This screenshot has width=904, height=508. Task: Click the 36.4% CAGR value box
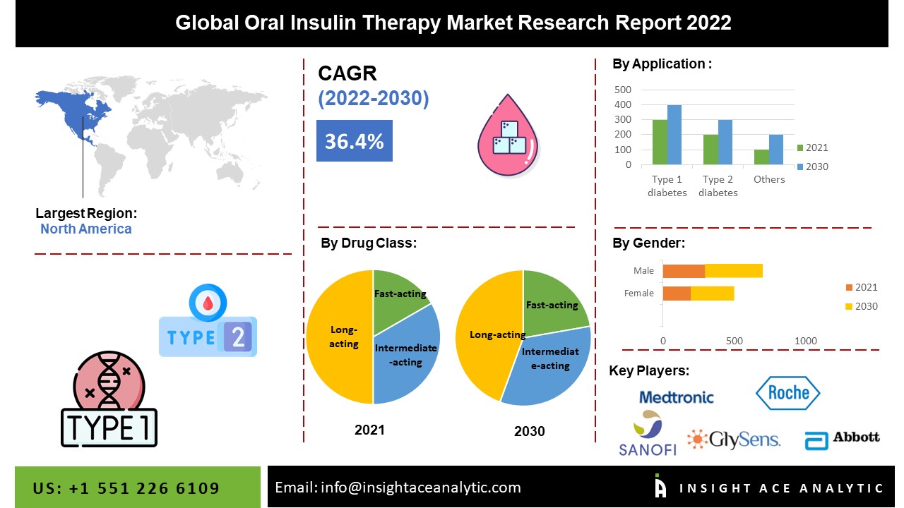coord(354,141)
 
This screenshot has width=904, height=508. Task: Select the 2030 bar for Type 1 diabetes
coord(674,135)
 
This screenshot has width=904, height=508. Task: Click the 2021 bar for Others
coord(761,157)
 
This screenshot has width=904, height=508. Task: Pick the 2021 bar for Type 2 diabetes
coord(710,150)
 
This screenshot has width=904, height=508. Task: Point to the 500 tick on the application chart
coord(623,90)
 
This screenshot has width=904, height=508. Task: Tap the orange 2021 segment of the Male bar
coord(684,271)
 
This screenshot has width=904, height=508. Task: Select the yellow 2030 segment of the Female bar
coord(712,294)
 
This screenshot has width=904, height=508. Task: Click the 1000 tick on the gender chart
coord(806,341)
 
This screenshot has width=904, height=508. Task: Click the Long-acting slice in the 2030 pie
coord(487,332)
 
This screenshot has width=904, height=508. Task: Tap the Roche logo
coord(787,393)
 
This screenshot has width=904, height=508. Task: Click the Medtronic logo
coord(676,397)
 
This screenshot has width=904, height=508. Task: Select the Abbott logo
coord(842,439)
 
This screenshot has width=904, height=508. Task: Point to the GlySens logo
coord(734,440)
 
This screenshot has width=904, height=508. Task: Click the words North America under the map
coord(85,229)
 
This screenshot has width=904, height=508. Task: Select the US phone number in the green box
coord(126,488)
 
